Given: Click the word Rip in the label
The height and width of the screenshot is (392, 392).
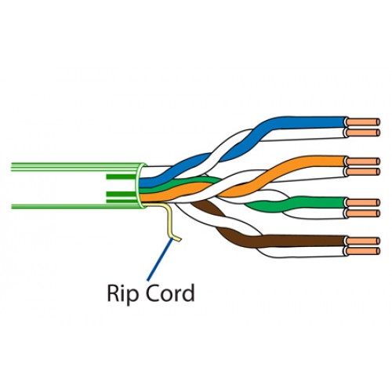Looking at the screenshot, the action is tap(122, 294).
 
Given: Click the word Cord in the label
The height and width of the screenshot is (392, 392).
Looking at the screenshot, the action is tap(170, 292).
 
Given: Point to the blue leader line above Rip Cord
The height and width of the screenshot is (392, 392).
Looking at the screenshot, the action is tap(160, 260).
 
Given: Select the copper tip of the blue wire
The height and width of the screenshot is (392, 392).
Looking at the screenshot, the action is tap(363, 122).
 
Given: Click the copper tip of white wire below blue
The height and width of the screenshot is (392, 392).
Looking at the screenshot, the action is tap(363, 132).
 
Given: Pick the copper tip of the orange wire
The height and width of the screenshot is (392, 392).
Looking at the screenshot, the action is tap(363, 162).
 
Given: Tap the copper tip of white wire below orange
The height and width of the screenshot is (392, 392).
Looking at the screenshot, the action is tap(363, 172).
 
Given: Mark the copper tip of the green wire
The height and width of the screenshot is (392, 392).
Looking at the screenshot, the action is tap(363, 203).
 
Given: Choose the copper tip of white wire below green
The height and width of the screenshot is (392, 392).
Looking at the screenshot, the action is tap(363, 213).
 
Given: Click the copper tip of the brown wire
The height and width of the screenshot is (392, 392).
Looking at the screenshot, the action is tap(363, 241).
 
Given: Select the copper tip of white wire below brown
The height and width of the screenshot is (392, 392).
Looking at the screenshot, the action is tap(363, 251).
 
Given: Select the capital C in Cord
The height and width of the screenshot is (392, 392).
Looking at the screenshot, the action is tap(152, 292).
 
